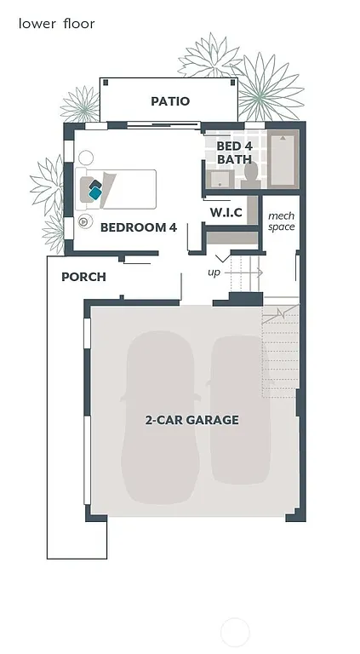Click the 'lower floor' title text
click(56, 24)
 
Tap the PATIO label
click(170, 101)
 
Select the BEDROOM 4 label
click(138, 227)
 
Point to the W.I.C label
click(226, 212)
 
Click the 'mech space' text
click(281, 221)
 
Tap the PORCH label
click(83, 277)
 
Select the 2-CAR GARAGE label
click(191, 420)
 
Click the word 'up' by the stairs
click(214, 272)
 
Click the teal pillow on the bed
click(94, 193)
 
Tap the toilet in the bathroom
click(250, 175)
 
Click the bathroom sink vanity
click(220, 179)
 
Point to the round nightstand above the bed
click(86, 158)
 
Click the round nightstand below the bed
click(85, 221)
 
